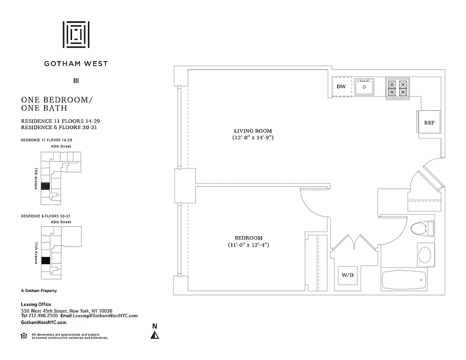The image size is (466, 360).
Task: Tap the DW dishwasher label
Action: tap(341, 86)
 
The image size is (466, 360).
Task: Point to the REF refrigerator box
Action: tap(429, 122)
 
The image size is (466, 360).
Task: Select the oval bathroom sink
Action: tap(425, 254)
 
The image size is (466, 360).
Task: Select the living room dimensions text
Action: tap(250, 138)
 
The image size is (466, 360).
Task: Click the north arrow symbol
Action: tap(154, 334)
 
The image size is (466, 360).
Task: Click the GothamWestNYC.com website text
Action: tap(44, 322)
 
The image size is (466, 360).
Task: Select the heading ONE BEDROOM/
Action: tap(56, 99)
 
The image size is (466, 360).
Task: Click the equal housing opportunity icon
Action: tap(24, 335)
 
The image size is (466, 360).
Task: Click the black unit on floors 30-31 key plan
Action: tap(45, 261)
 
